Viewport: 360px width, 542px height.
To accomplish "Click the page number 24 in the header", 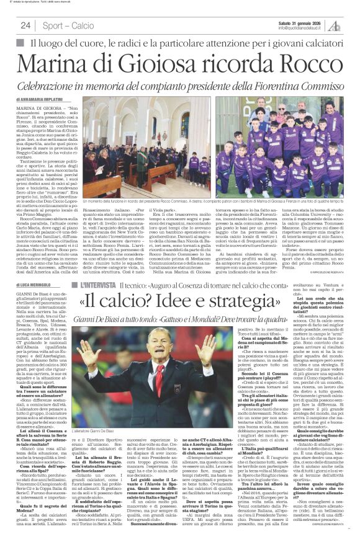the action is coord(25,25).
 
